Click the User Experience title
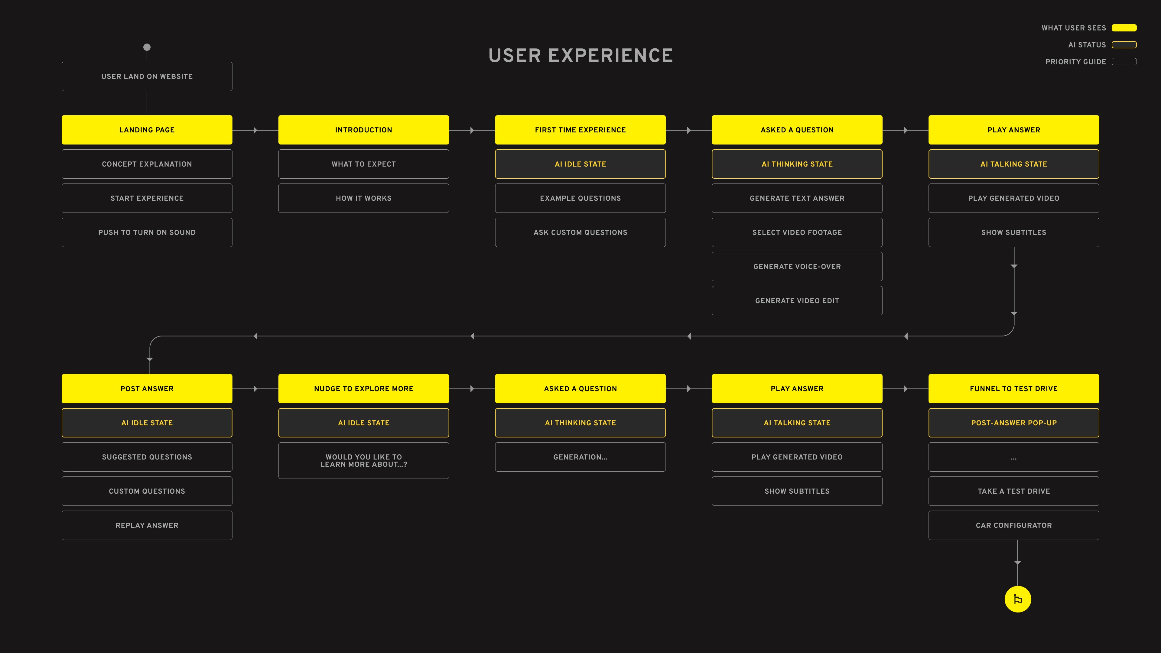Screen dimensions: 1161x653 (580, 55)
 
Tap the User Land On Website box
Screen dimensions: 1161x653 (147, 76)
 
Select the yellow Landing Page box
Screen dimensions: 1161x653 (147, 130)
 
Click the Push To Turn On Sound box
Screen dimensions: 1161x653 (147, 232)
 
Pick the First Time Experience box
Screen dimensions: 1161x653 (580, 130)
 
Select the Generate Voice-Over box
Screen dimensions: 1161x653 (797, 266)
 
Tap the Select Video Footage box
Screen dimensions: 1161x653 (797, 232)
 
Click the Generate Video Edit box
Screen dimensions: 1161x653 (797, 301)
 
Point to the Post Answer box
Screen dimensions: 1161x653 (147, 388)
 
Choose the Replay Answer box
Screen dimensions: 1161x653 (147, 525)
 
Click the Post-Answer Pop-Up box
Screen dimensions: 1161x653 (1014, 423)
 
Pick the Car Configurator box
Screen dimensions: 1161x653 (1014, 525)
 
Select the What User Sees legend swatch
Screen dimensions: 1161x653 (1124, 28)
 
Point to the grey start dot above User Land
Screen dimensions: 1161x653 (147, 47)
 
